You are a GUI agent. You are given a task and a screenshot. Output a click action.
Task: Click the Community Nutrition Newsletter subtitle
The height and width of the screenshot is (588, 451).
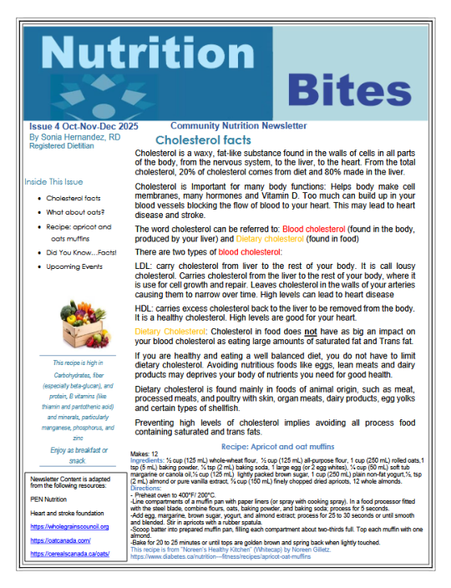tap(238, 125)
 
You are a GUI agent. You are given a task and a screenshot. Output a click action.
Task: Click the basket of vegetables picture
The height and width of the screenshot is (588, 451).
tap(79, 331)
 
